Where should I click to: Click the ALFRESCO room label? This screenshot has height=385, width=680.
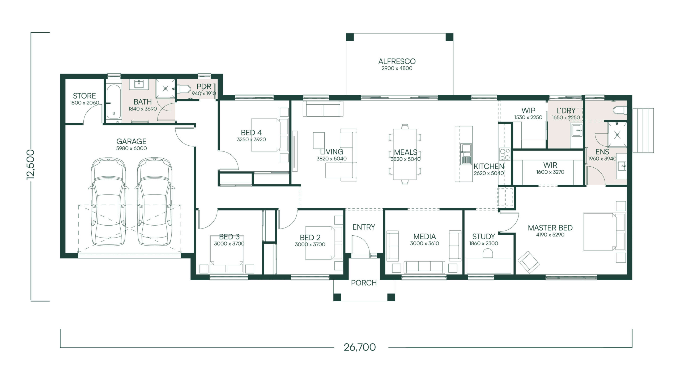click(397, 61)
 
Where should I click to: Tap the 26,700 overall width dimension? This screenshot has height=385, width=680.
click(360, 347)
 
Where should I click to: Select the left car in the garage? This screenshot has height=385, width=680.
click(108, 202)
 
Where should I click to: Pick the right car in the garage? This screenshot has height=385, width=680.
click(155, 202)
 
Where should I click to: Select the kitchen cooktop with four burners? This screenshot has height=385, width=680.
click(505, 154)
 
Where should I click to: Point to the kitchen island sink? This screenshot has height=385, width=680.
click(466, 154)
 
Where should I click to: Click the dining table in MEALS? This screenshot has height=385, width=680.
click(405, 154)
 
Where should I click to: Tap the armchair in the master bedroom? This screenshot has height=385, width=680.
click(529, 262)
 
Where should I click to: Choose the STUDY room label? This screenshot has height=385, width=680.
click(483, 236)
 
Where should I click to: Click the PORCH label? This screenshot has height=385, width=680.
click(364, 283)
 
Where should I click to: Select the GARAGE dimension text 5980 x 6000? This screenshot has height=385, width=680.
click(131, 148)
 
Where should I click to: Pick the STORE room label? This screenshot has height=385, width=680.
click(84, 96)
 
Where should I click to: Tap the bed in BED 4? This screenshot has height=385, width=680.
click(270, 135)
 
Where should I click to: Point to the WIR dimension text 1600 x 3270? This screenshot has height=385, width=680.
click(550, 172)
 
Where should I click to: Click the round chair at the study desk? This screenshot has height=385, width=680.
click(487, 253)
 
